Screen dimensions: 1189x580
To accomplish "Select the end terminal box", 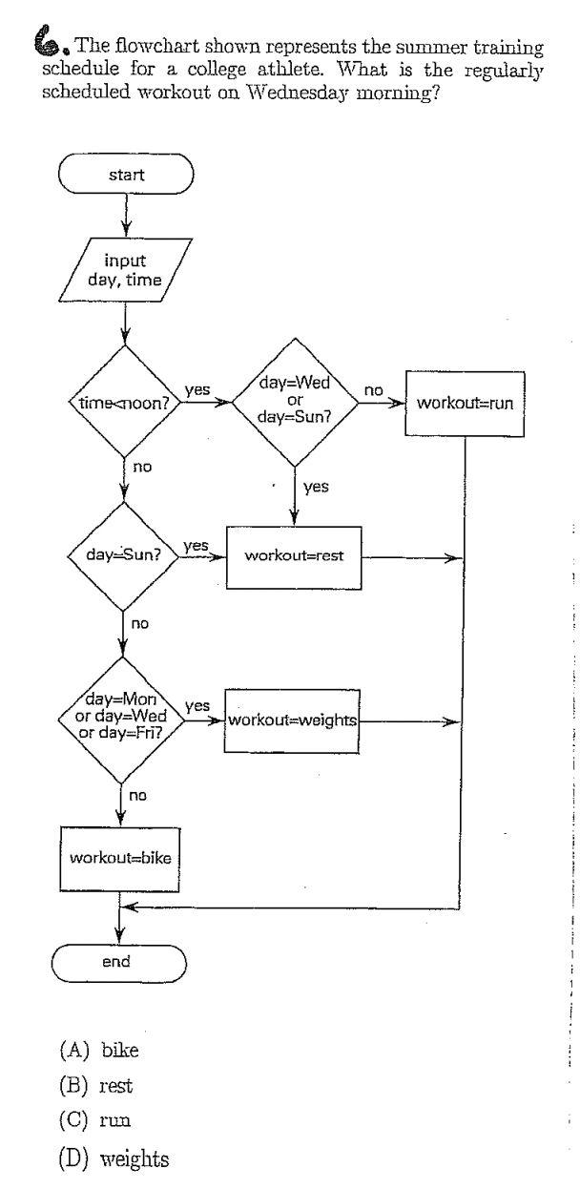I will click(116, 961).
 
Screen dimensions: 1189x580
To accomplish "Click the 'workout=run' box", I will click(465, 404).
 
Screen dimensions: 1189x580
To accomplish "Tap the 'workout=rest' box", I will click(294, 556).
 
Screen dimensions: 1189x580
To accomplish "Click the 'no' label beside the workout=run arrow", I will click(373, 390).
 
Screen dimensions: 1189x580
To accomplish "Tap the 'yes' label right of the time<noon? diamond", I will click(197, 390).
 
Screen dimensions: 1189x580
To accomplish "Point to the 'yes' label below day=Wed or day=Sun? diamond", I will click(316, 487).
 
